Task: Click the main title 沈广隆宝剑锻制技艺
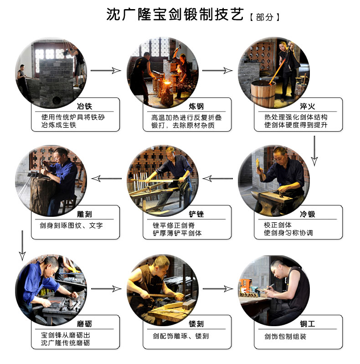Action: coord(175,15)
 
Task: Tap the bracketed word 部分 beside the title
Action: coord(265,17)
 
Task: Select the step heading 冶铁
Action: coord(85,106)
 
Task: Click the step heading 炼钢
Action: coord(196,106)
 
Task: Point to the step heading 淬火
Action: coord(308,106)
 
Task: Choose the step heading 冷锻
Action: coord(308,214)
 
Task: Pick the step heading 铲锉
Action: coord(196,214)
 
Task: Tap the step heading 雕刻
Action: coord(85,214)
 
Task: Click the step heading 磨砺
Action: coord(85,323)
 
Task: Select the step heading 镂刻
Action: coord(196,323)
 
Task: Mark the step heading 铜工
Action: coord(308,323)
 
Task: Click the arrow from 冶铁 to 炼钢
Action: coord(106,70)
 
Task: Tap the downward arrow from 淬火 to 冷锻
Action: coord(314,151)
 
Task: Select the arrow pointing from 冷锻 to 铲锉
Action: coord(217,179)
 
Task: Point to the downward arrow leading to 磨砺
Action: coord(22,246)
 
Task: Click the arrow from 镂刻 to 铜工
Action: coord(218,289)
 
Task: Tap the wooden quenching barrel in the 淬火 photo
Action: coord(263,93)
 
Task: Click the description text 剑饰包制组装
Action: coord(285,336)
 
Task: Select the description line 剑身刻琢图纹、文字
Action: coord(71,226)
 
